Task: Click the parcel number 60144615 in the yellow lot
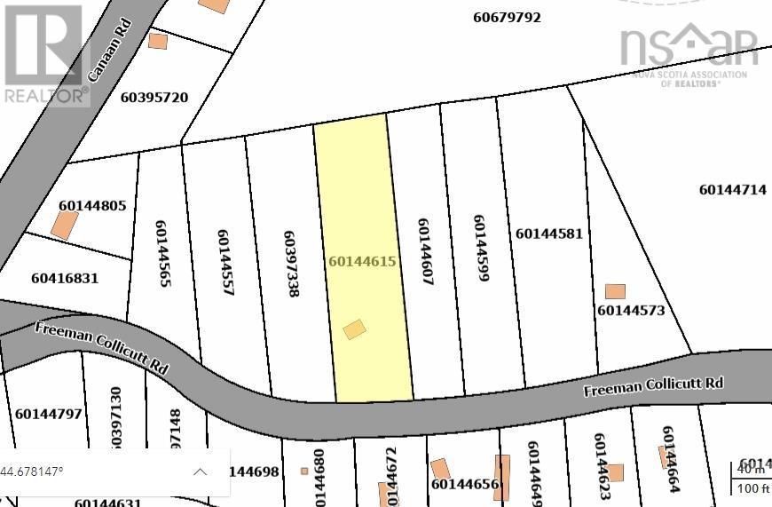(x=362, y=261)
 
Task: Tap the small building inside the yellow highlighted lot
(x=354, y=329)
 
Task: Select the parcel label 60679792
(x=507, y=17)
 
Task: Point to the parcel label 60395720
(x=154, y=97)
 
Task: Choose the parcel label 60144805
(x=92, y=205)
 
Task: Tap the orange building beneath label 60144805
(x=64, y=225)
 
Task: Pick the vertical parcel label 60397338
(x=290, y=264)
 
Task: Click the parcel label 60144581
(x=549, y=234)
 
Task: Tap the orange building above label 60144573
(x=615, y=291)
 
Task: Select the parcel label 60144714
(x=732, y=189)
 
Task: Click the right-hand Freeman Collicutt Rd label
(x=653, y=386)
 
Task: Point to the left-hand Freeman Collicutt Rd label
(x=102, y=347)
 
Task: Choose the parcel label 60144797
(x=48, y=413)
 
